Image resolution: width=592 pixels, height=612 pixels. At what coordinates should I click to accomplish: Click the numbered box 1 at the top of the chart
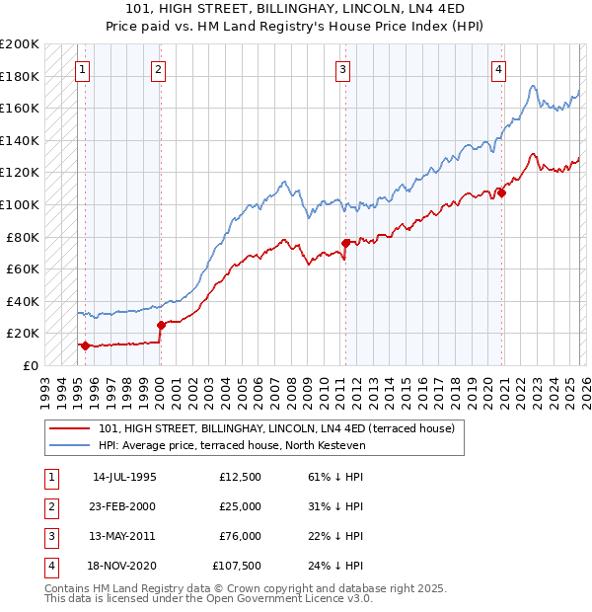pos(81,69)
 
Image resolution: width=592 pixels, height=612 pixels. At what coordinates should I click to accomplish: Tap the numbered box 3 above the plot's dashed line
pos(341,69)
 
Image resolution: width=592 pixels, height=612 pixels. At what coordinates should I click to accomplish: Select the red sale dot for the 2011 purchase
pos(345,243)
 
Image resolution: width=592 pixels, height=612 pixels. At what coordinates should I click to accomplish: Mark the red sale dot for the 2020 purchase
pos(501,192)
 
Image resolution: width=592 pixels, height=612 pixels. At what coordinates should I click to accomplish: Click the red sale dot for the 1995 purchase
pos(86,345)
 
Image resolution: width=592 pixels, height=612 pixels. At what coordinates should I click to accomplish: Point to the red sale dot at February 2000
pos(161,325)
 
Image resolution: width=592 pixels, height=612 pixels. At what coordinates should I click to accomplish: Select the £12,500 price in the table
pos(241,477)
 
